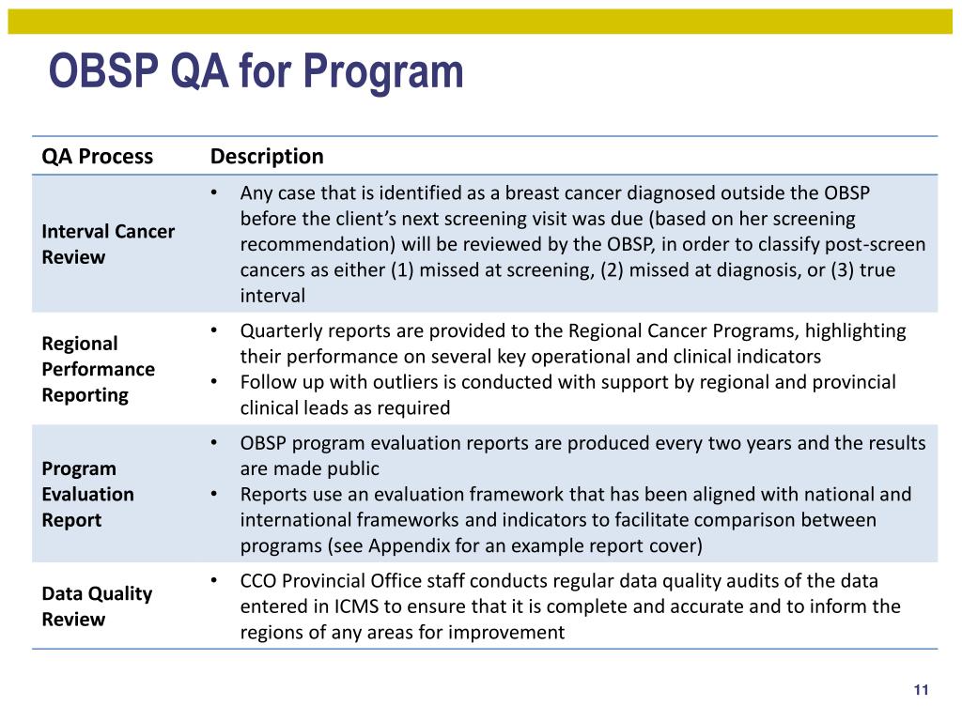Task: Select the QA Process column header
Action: [x=97, y=157]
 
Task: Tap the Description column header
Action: [x=267, y=157]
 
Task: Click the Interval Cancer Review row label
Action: [x=108, y=244]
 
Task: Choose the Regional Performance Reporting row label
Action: [x=98, y=369]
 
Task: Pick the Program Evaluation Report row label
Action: [x=87, y=494]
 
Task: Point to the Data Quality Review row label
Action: [x=97, y=606]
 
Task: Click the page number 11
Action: [x=921, y=691]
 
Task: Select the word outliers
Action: [x=390, y=382]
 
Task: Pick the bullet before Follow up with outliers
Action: [x=215, y=382]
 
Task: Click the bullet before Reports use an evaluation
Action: [x=215, y=495]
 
